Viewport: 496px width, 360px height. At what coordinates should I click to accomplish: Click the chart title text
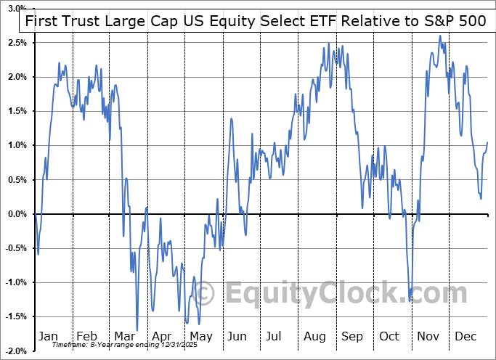click(x=256, y=21)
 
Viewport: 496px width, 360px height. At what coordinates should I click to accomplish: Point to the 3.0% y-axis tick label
click(x=17, y=9)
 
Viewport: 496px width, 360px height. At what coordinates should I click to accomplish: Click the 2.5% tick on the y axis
click(x=17, y=43)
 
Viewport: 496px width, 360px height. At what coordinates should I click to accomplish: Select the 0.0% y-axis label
click(x=17, y=214)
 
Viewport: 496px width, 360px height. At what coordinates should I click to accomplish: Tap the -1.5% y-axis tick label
click(x=16, y=316)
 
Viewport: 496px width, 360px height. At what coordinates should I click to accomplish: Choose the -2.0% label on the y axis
click(x=16, y=351)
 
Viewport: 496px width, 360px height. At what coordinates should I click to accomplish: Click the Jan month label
click(x=48, y=336)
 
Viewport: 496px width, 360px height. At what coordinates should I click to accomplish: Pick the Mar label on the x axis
click(x=124, y=336)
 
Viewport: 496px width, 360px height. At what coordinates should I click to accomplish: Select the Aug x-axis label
click(x=314, y=336)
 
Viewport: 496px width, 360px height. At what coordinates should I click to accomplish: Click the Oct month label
click(x=390, y=336)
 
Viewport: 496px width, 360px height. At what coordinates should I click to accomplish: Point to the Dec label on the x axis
click(x=466, y=336)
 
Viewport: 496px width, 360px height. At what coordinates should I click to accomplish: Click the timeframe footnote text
click(x=125, y=345)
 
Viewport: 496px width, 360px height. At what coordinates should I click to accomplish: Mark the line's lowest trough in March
click(x=137, y=330)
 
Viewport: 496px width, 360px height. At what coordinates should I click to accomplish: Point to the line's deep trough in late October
click(x=410, y=300)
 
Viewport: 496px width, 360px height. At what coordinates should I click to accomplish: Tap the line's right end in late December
click(x=487, y=142)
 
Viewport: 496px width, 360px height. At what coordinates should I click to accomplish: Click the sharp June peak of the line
click(x=231, y=118)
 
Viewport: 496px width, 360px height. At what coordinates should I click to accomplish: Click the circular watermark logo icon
click(x=206, y=294)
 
